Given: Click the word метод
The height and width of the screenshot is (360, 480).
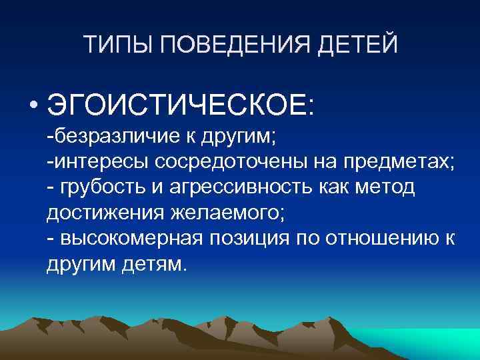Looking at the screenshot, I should pyautogui.click(x=387, y=188).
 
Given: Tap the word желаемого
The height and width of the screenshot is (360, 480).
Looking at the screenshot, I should pyautogui.click(x=209, y=213).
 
